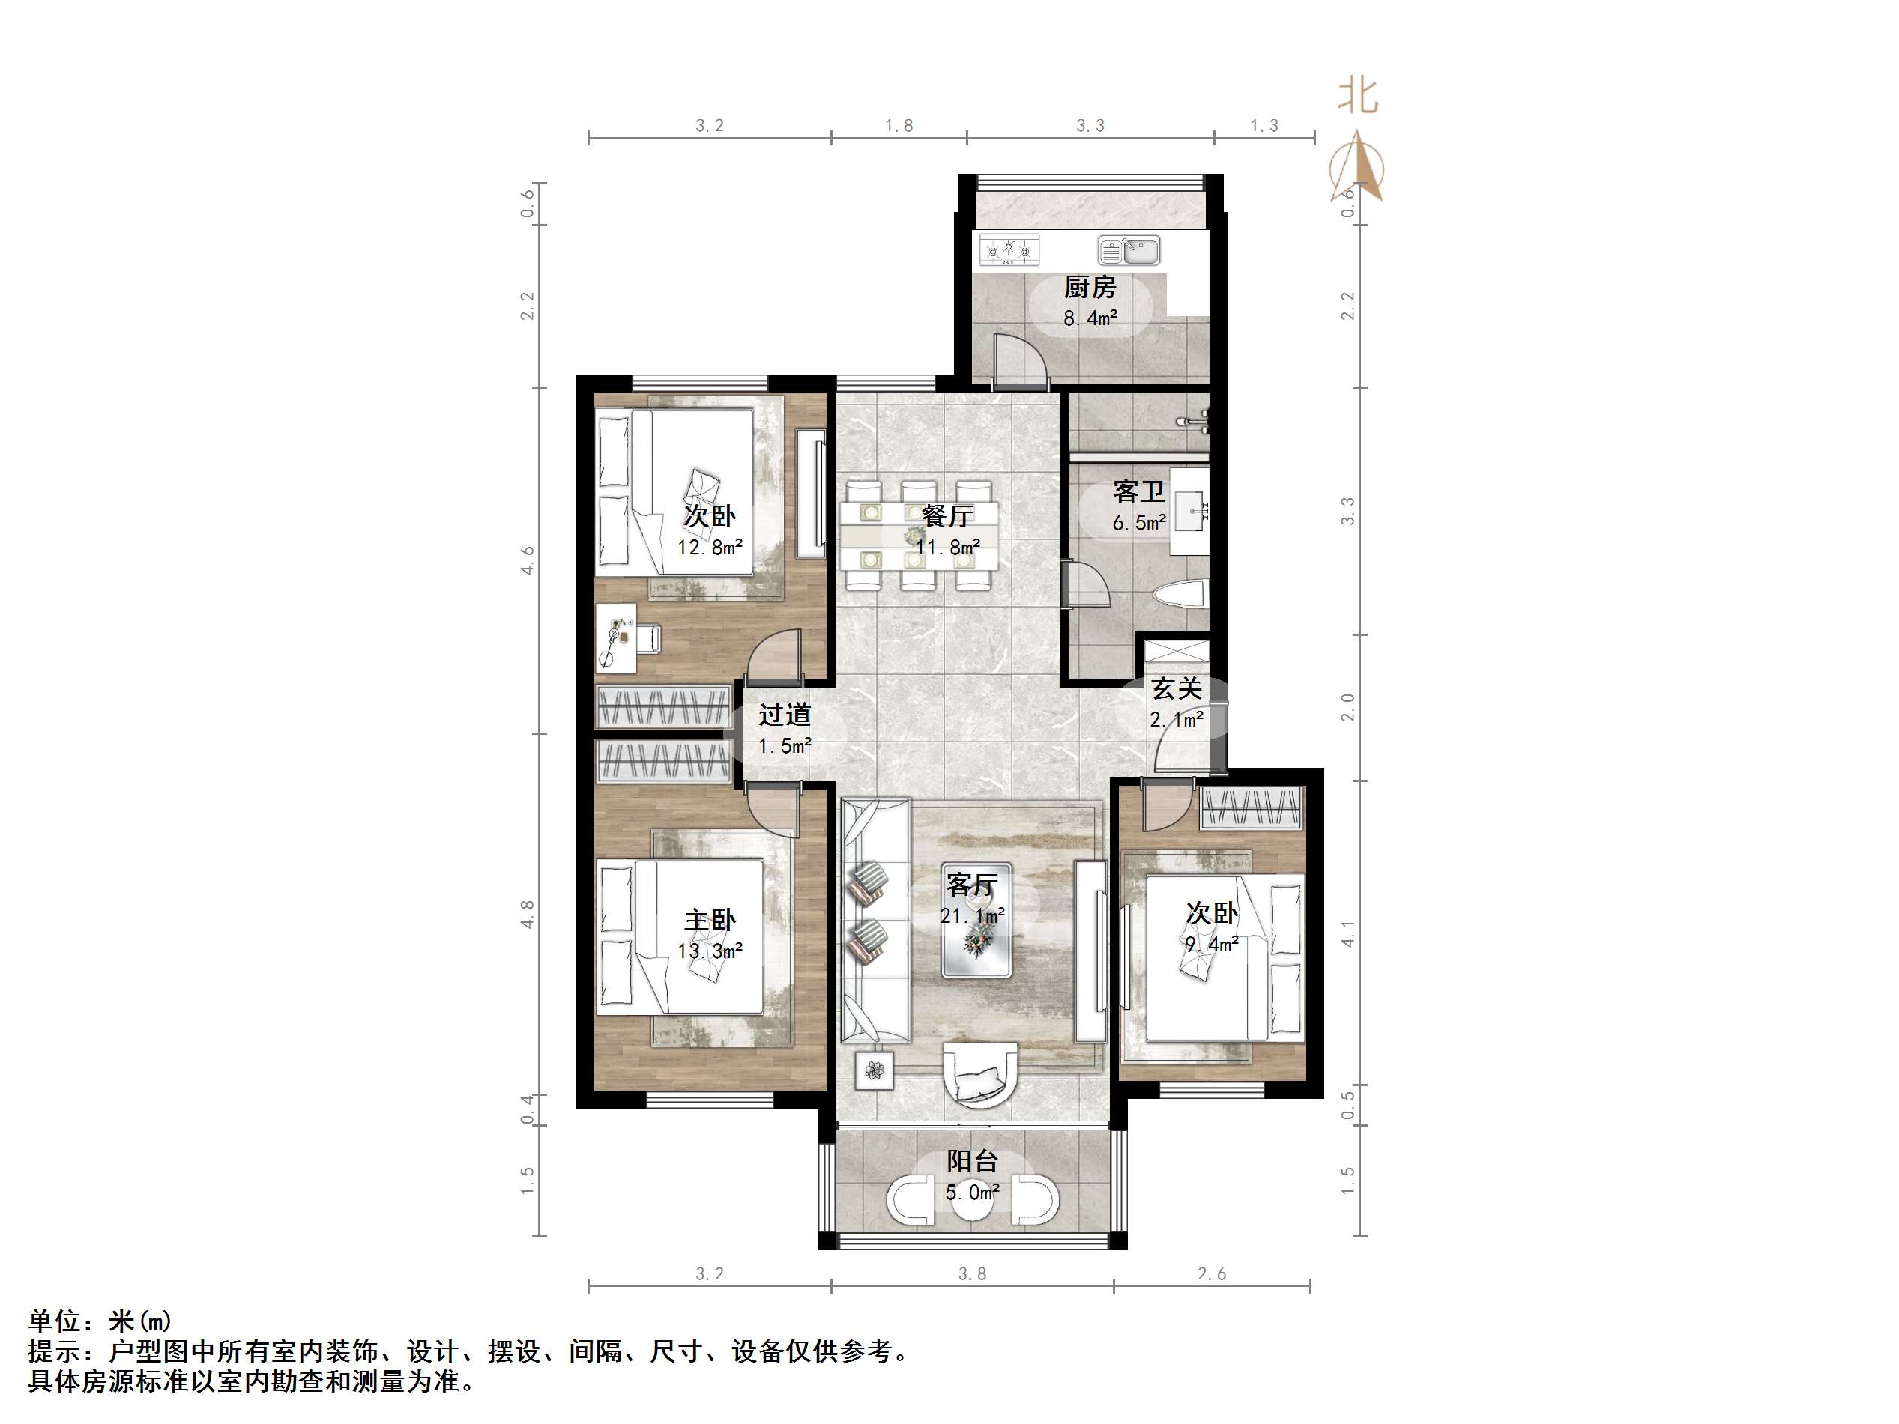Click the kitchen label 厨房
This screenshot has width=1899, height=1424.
[1090, 287]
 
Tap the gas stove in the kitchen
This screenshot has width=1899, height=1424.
[1009, 249]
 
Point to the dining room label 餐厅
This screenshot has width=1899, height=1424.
[947, 516]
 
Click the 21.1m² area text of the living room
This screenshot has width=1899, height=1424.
[972, 916]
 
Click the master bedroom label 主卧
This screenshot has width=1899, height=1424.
[709, 920]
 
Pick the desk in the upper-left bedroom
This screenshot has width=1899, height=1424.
[618, 637]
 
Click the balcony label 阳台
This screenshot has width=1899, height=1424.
[972, 1161]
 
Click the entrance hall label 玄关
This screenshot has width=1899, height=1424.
[1176, 688]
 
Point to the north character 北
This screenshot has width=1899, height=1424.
[1357, 96]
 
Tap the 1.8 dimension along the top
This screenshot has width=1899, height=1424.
[899, 126]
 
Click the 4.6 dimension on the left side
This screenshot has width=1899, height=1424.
[527, 560]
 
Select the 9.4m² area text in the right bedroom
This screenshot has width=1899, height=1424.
[1211, 944]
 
